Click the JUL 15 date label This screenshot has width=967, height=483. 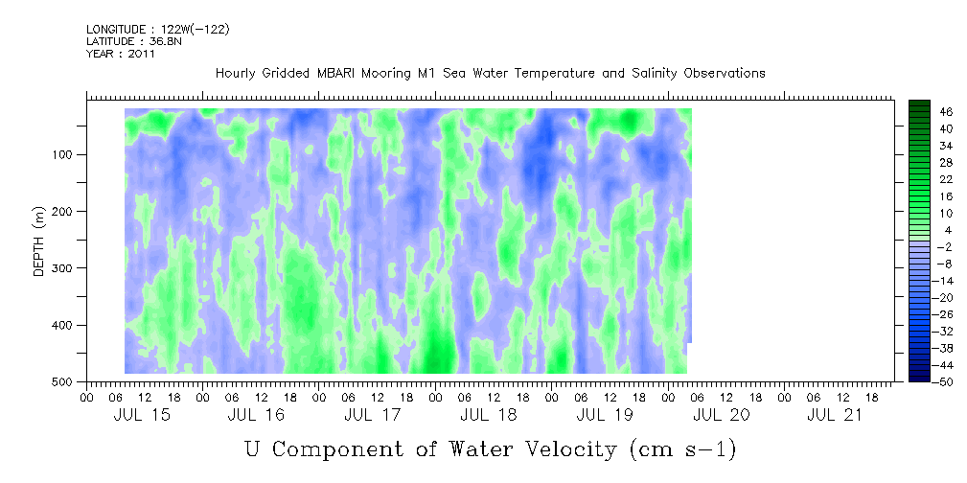[141, 415]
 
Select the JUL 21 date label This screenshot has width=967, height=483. [836, 415]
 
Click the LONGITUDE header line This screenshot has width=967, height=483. [157, 30]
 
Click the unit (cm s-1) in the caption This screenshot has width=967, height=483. [681, 448]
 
